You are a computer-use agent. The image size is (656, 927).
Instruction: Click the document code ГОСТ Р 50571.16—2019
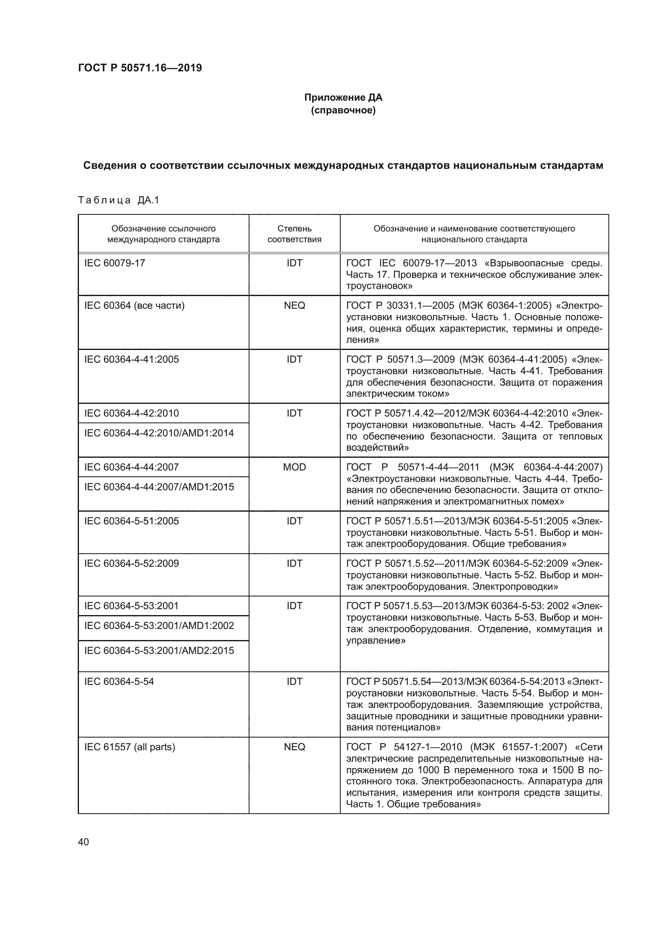(x=140, y=68)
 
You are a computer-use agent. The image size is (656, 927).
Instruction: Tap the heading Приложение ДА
(x=343, y=97)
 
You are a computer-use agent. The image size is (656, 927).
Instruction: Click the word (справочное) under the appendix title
(x=343, y=110)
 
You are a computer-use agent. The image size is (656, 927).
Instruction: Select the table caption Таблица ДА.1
(x=119, y=200)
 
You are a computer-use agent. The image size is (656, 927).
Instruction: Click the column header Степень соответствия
(x=294, y=234)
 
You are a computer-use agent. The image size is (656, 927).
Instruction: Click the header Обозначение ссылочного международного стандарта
(x=163, y=234)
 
